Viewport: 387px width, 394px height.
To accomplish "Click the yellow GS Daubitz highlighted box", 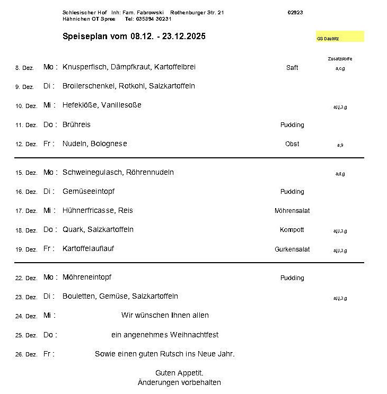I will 340,37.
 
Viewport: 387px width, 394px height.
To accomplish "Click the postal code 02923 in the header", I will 295,12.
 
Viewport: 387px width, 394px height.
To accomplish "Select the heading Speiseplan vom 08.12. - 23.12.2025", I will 134,37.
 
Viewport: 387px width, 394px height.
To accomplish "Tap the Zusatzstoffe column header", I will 340,59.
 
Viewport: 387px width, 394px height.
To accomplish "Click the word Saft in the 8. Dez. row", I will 292,68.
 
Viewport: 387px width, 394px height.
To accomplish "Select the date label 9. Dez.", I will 24,87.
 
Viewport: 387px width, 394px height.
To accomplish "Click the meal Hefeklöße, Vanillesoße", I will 102,105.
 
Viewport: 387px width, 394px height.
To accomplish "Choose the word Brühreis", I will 76,125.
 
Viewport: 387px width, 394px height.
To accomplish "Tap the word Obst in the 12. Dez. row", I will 292,144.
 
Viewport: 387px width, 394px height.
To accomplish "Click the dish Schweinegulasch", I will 92,173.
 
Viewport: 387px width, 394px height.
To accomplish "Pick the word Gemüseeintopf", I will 89,192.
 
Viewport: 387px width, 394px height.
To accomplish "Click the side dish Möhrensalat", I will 292,211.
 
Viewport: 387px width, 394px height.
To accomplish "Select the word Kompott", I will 292,230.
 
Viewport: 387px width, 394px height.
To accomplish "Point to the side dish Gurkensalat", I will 292,249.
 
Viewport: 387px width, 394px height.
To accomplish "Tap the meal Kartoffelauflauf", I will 88,249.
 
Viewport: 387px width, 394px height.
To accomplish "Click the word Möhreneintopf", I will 87,277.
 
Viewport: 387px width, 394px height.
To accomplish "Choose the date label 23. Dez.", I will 26,297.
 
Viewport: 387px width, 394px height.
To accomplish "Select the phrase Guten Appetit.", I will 179,373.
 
